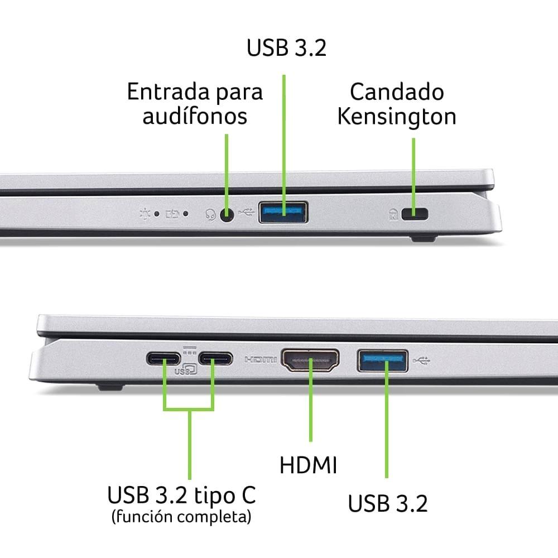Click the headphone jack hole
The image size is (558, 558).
[x=227, y=215]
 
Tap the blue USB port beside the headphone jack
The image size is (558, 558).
[x=283, y=213]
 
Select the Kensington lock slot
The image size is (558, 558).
[x=415, y=214]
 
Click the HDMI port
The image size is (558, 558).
[x=310, y=360]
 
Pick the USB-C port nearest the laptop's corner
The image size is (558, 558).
[x=163, y=358]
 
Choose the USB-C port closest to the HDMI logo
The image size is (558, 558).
[x=215, y=358]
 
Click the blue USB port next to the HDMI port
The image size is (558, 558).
[x=383, y=361]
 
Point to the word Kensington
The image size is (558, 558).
[x=397, y=117]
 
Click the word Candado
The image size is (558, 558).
[x=397, y=92]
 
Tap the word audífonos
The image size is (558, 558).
[x=195, y=116]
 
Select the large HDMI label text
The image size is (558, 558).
[x=308, y=465]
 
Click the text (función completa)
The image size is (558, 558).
[x=181, y=516]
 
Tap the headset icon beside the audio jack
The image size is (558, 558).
[x=211, y=215]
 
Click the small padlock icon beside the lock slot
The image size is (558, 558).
[x=393, y=214]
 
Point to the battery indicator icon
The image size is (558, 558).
[x=172, y=214]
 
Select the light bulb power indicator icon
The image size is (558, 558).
[x=145, y=214]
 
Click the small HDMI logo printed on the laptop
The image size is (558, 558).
[x=261, y=360]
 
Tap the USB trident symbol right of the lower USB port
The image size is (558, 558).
[x=422, y=361]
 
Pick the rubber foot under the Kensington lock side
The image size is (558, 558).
[x=424, y=238]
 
